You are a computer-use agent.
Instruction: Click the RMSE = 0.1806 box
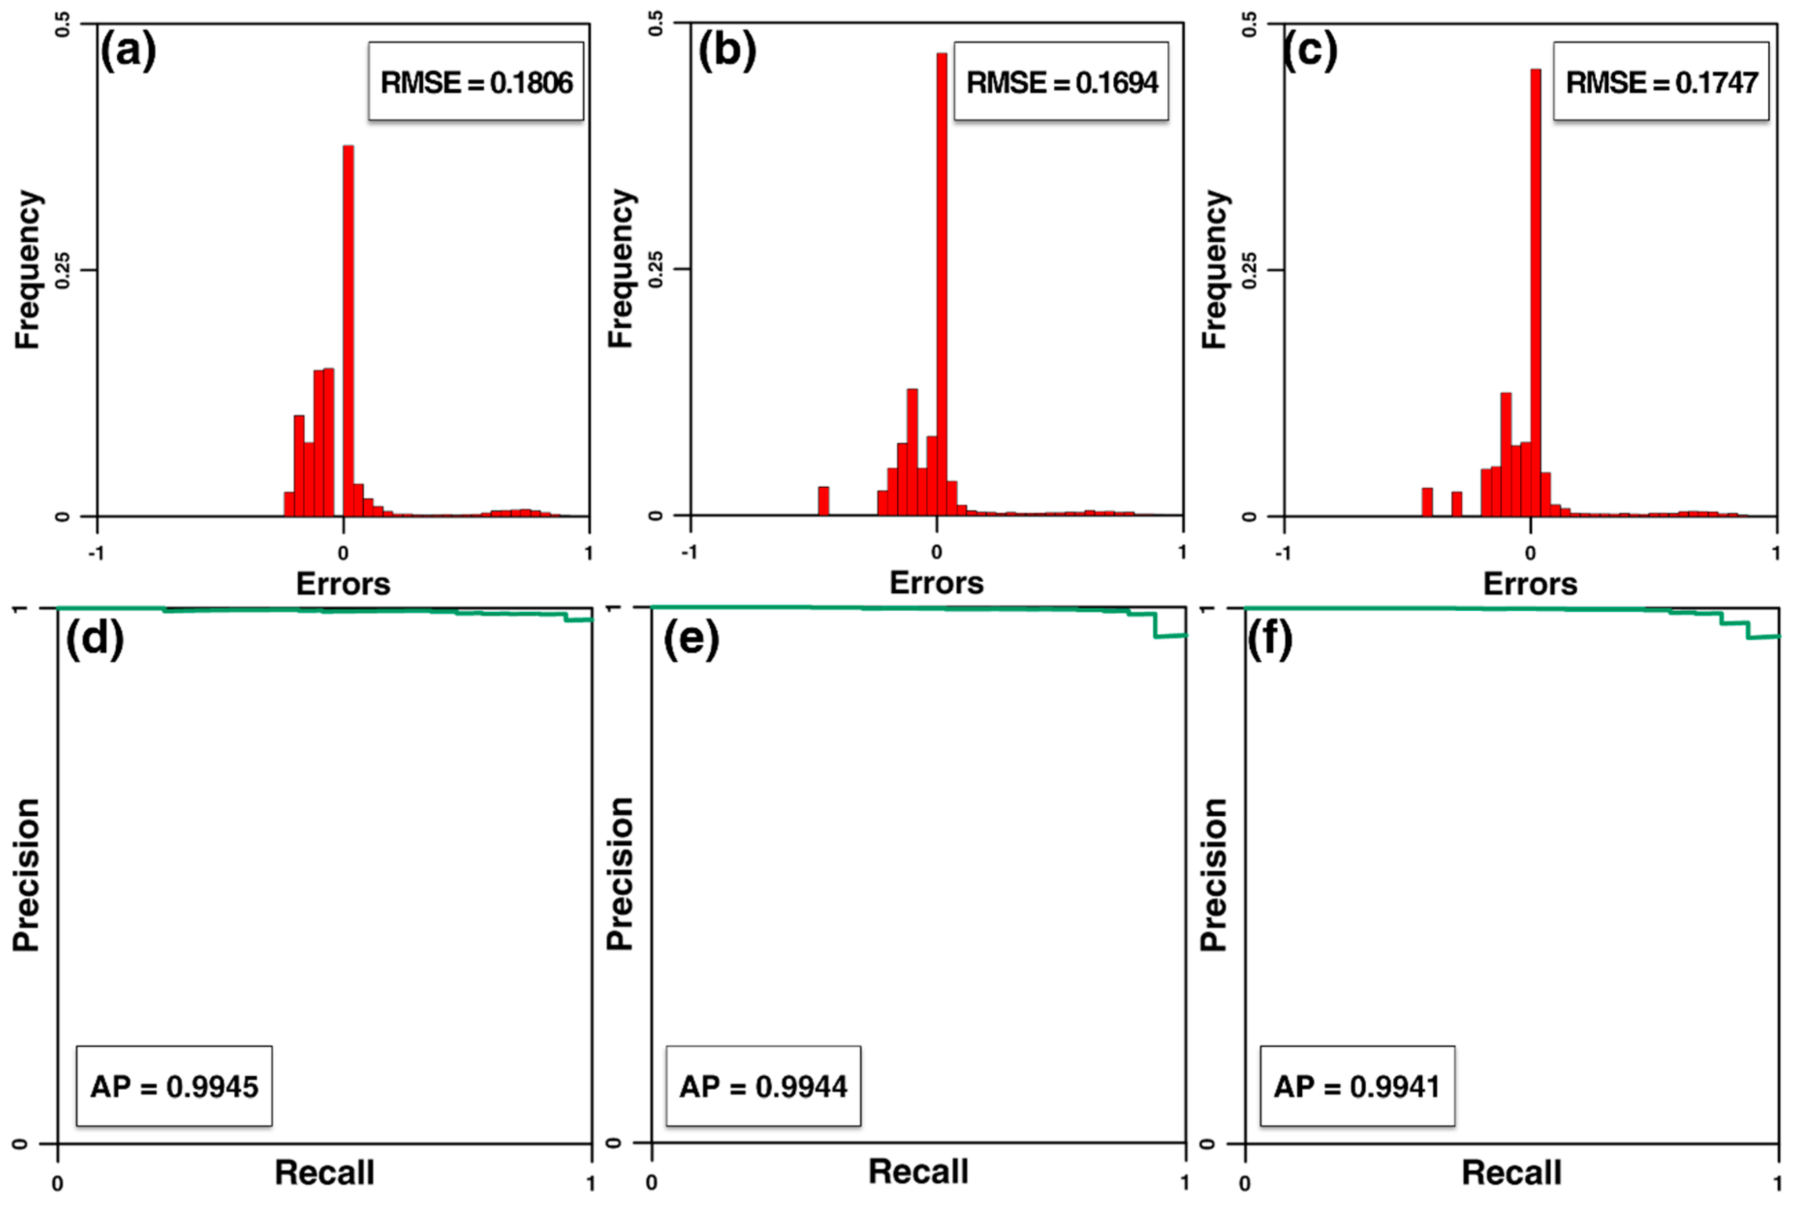476,81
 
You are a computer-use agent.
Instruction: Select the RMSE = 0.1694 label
1061,81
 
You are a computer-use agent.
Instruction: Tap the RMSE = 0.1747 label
1661,81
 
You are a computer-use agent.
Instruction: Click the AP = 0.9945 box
174,1086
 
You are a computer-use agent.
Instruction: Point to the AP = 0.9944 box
763,1086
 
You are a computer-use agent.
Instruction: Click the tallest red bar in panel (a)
348,331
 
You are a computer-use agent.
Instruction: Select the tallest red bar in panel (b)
941,285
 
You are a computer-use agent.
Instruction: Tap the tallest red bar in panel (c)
1535,293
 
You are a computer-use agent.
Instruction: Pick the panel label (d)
94,639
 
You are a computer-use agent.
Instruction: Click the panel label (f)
1269,639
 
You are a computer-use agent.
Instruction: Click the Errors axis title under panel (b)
936,583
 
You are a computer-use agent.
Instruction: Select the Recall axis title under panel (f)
1511,1172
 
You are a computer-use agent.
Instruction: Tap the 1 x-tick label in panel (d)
591,1183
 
